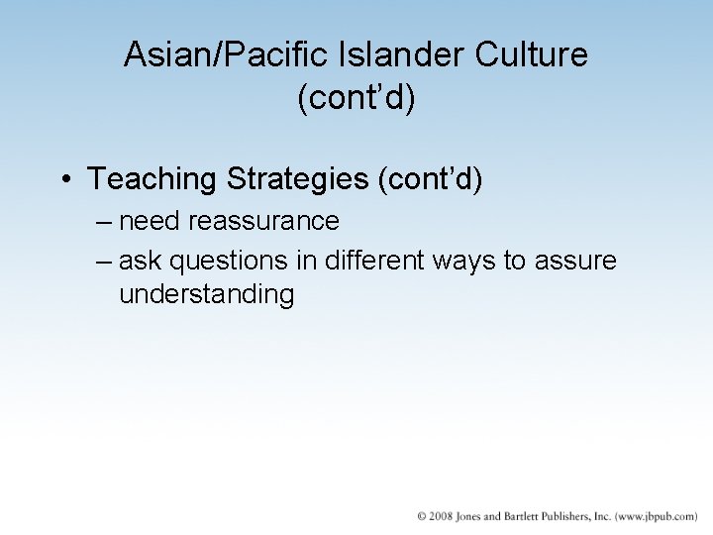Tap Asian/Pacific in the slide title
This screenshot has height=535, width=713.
(x=209, y=54)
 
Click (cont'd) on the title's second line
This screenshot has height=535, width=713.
(x=356, y=99)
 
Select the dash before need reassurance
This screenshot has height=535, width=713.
(x=105, y=220)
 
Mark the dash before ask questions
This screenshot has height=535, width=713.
(x=105, y=262)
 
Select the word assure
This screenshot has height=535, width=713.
(x=579, y=262)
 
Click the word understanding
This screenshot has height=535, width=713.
(x=206, y=295)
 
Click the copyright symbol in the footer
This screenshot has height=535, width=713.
(x=422, y=516)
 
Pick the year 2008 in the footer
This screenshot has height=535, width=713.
(x=442, y=516)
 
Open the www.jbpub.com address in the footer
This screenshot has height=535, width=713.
(x=656, y=516)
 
